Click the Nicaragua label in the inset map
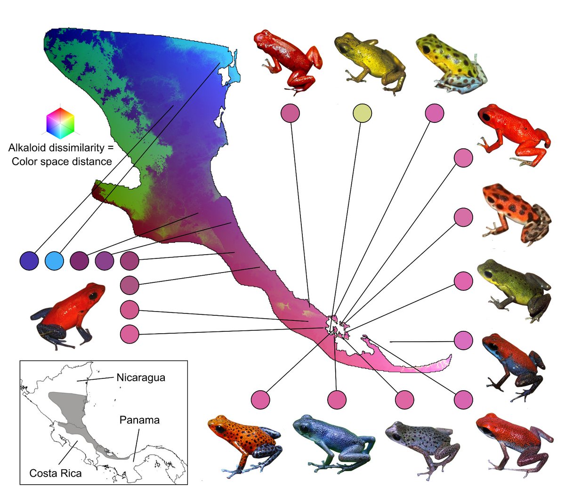tap(141, 377)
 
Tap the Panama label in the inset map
tap(139, 420)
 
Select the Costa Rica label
tap(56, 473)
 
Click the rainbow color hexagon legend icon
tap(60, 121)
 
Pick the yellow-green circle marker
tap(362, 113)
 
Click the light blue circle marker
tap(54, 260)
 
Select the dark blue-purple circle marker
tap(29, 260)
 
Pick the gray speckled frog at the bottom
tap(419, 445)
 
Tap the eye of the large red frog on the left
tap(94, 295)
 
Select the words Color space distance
tap(62, 161)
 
